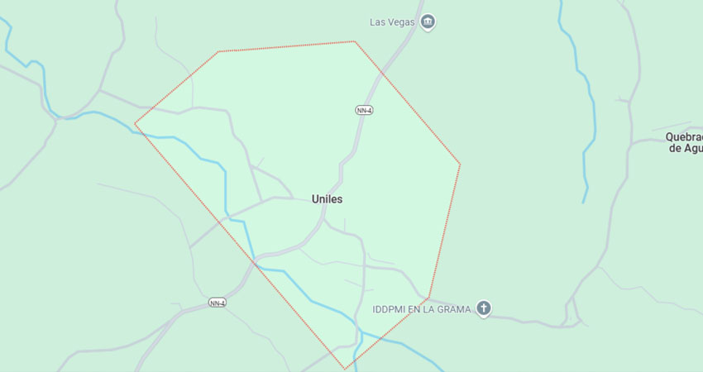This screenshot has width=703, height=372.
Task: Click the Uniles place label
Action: tap(328, 199)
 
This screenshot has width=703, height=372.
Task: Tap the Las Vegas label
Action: tap(391, 22)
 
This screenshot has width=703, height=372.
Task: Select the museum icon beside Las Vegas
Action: tap(428, 22)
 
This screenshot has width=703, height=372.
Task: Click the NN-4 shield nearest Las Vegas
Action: tap(364, 110)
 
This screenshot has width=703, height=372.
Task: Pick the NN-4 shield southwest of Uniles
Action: tap(218, 303)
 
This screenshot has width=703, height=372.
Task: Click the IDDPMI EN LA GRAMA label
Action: tap(421, 309)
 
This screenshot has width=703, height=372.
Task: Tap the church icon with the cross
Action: tap(484, 309)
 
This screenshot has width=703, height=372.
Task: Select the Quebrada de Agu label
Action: tap(684, 142)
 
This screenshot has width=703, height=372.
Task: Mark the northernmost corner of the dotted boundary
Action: tap(354, 41)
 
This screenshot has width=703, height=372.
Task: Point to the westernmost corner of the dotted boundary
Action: tap(135, 125)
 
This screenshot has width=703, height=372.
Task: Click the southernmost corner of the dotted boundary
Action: tap(346, 369)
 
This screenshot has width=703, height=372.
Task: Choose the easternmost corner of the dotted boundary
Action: tap(460, 164)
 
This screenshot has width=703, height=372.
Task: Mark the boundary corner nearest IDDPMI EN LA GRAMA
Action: tap(428, 298)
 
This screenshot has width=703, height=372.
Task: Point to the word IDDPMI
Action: tap(390, 309)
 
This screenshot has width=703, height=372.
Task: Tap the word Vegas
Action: tap(400, 22)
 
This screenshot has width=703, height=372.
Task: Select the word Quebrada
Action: tap(684, 137)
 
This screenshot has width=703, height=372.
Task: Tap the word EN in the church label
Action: tap(417, 309)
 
